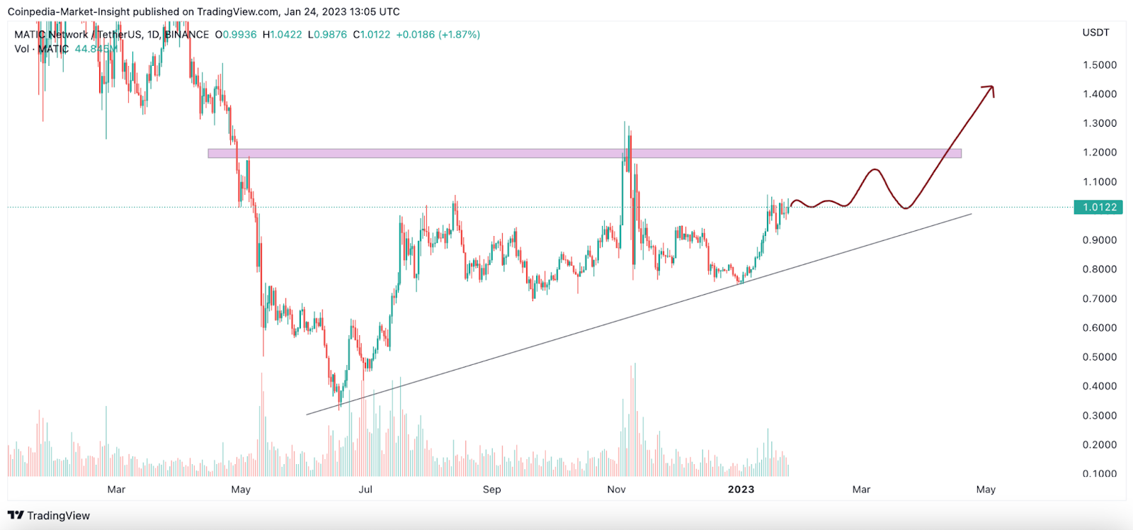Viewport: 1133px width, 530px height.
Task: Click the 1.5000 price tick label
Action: click(x=1099, y=64)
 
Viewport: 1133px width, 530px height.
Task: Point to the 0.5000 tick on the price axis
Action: click(x=1099, y=357)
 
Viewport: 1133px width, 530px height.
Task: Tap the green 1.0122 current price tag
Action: click(x=1099, y=207)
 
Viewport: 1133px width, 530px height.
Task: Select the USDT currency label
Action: click(x=1095, y=33)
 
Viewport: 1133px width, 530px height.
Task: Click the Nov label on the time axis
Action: click(x=617, y=490)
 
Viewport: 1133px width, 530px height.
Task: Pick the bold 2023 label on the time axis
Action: click(x=741, y=490)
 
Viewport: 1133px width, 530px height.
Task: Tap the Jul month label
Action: click(x=365, y=490)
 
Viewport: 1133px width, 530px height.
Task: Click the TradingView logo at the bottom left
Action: click(x=49, y=515)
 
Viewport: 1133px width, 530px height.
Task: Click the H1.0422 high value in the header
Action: click(x=282, y=34)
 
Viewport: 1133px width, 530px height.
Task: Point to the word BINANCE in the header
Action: click(x=188, y=34)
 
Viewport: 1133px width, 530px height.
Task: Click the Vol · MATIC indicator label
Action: click(x=41, y=49)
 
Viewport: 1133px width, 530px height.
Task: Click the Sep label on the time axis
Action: click(x=491, y=490)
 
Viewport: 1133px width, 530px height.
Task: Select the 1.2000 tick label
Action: click(x=1099, y=152)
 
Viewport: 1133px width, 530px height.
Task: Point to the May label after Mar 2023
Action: click(x=986, y=490)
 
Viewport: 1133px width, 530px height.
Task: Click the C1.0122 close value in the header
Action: click(x=372, y=34)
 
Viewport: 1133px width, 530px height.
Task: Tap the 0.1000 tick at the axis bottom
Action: click(x=1099, y=473)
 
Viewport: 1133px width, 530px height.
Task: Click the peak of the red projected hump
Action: click(x=875, y=170)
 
